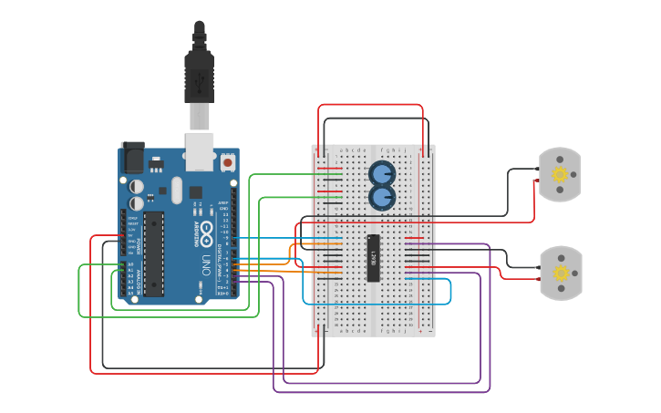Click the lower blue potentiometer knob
tap(381, 196)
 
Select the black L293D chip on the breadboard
tap(373, 258)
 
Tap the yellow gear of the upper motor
tap(560, 174)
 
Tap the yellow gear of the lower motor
tap(560, 273)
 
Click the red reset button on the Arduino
tap(227, 161)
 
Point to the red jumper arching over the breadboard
tap(370, 106)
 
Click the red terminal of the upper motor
tap(536, 181)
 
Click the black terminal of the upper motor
tap(536, 169)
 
